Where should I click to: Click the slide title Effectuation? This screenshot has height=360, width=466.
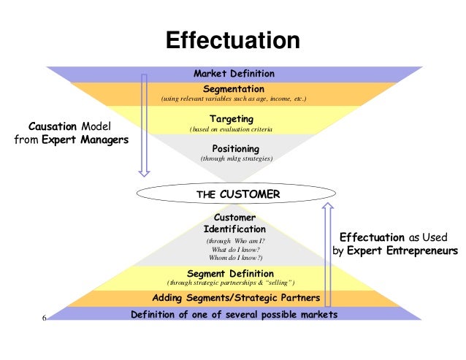[x=233, y=40]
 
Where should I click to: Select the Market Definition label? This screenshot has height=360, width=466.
[x=234, y=74]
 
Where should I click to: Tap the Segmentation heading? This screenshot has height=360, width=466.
[x=233, y=88]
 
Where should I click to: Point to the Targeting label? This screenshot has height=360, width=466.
[x=232, y=118]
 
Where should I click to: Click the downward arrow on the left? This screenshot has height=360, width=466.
[x=144, y=124]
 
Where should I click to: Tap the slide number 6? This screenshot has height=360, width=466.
[x=45, y=318]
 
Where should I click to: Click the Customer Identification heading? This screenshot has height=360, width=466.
[x=234, y=223]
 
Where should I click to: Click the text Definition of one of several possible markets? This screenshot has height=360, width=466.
[x=234, y=314]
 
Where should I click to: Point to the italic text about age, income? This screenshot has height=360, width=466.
[x=233, y=99]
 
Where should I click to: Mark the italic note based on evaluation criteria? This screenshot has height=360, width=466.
[x=232, y=129]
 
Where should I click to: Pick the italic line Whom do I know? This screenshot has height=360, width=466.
[x=234, y=258]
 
